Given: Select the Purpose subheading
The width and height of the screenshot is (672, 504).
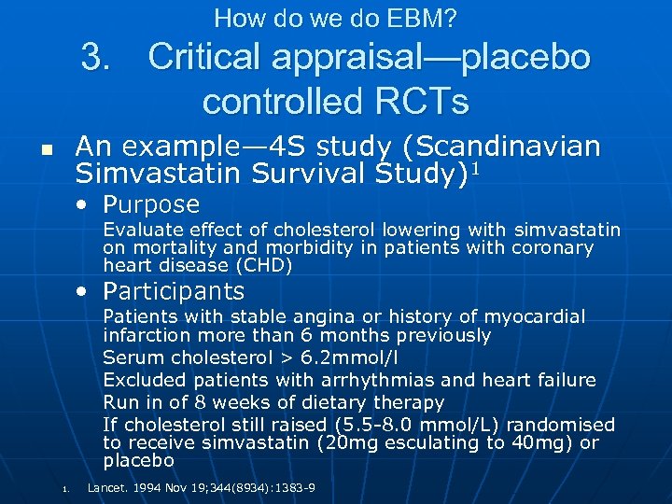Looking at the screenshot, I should click(151, 204).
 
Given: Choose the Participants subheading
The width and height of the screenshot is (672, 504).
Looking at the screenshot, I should click(174, 291).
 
